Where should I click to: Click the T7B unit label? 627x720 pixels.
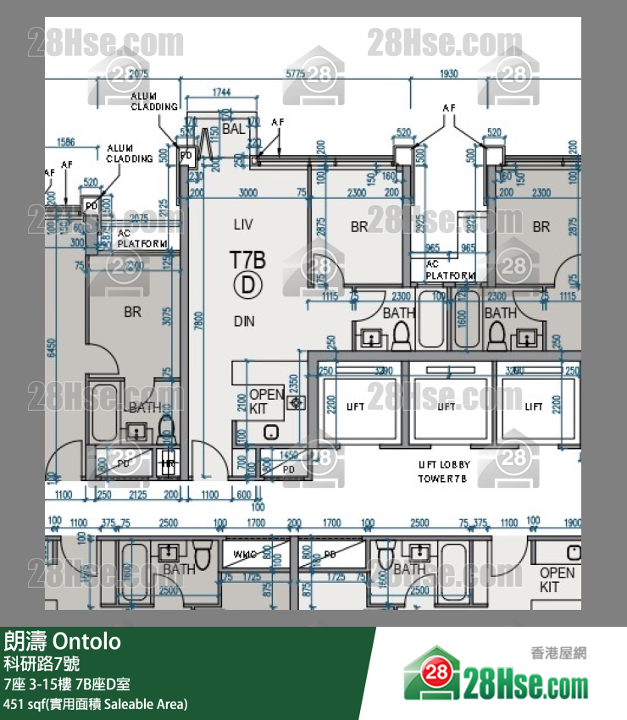247,258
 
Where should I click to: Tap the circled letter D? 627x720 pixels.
247,285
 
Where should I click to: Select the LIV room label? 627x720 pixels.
244,224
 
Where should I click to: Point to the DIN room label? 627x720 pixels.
244,321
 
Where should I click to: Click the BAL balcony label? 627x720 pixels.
234,129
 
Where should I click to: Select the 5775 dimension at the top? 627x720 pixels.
295,75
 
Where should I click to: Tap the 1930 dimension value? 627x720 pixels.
450,75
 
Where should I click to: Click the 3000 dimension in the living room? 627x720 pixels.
247,193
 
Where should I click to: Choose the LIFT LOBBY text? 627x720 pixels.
444,465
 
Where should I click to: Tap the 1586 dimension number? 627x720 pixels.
65,141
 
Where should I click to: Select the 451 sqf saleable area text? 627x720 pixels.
96,703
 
